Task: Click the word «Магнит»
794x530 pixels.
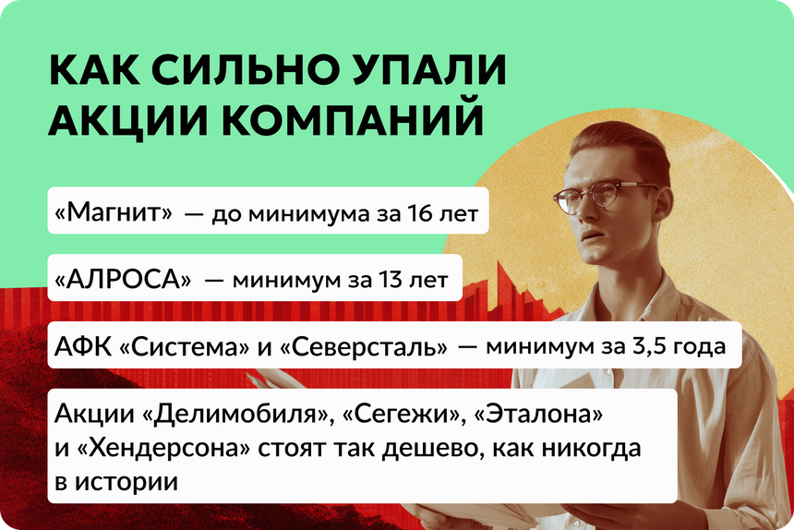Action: point(114,212)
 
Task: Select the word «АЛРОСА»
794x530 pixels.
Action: point(123,280)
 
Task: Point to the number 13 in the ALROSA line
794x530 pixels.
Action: point(389,280)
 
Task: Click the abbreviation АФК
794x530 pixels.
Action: point(82,347)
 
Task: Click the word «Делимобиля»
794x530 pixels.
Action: point(237,415)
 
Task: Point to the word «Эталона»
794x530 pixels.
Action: point(538,414)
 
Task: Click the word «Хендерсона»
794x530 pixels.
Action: point(164,448)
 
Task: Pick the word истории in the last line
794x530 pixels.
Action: point(126,482)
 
